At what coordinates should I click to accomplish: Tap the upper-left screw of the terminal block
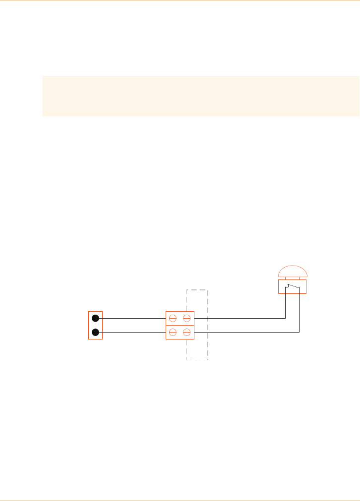(174, 318)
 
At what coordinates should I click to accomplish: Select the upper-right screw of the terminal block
(186, 318)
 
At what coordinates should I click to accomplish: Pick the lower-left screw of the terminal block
(174, 332)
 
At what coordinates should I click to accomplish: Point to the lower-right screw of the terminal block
(186, 332)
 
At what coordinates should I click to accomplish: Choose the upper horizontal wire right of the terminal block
(238, 318)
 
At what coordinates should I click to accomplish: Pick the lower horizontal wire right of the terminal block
(243, 332)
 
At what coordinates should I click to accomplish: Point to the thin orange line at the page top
(180, 1)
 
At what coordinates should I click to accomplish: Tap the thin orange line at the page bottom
(180, 500)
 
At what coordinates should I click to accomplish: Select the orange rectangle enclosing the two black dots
(90, 325)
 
